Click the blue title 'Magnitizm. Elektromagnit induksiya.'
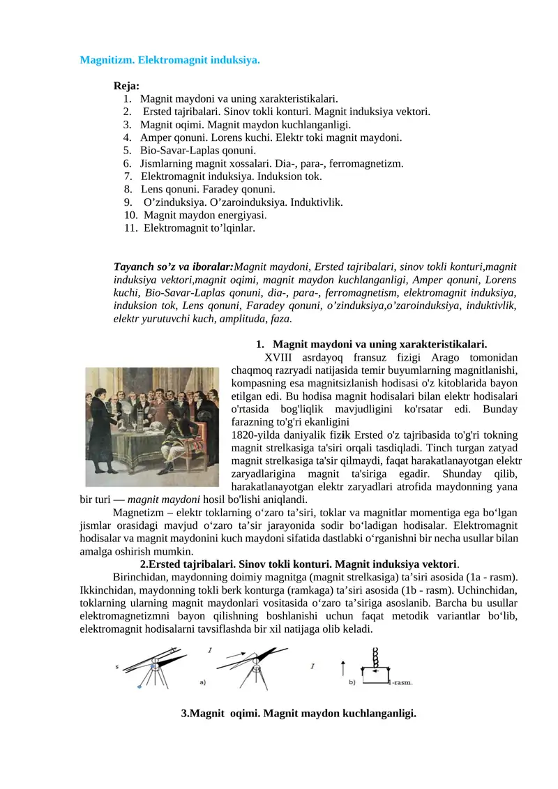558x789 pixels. pos(170,60)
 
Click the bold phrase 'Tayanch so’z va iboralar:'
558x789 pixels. pos(174,266)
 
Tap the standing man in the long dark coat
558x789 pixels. pos(103,433)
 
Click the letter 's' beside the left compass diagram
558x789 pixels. pos(116,667)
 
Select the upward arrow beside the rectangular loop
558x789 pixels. pos(342,671)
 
